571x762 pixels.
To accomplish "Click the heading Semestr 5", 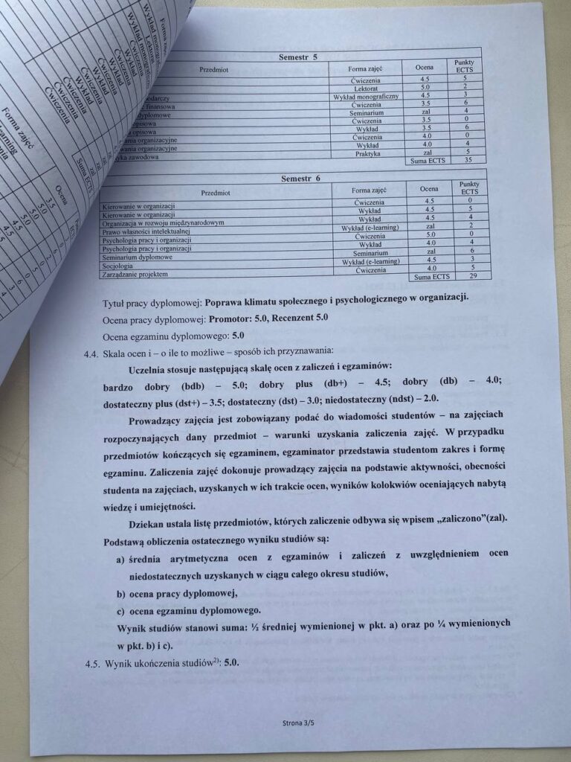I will click(297, 57).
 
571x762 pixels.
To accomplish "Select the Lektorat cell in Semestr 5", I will click(367, 87).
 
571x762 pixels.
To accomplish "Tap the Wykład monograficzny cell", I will click(366, 96).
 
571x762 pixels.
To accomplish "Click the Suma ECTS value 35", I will click(466, 160).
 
